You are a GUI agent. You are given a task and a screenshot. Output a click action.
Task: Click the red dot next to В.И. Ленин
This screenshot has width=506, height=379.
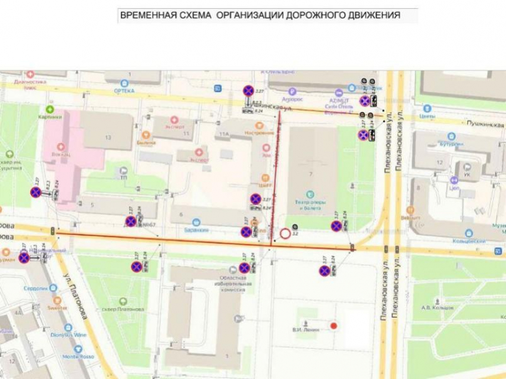(x=334, y=325)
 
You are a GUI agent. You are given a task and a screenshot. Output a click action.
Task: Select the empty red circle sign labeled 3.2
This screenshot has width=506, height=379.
(x=285, y=233)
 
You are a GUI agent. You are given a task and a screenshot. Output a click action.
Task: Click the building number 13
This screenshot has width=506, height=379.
(x=108, y=137)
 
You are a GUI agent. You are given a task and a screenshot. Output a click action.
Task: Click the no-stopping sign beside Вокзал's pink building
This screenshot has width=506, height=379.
(x=36, y=192)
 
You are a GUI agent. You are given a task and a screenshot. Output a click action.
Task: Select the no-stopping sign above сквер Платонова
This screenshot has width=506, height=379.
(x=136, y=267)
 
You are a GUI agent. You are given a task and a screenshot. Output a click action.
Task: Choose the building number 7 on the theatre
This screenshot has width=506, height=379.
(x=310, y=173)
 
